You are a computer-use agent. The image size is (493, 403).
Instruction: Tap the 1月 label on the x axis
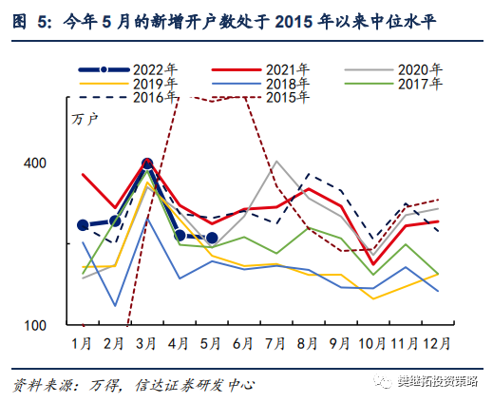[x=82, y=340]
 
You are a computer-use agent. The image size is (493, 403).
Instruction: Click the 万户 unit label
[x=85, y=119]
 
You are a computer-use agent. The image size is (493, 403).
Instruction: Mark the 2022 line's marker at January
[x=83, y=225]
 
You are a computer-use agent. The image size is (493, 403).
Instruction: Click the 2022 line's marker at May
[x=212, y=238]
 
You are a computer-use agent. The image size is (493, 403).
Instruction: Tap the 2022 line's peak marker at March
[x=147, y=164]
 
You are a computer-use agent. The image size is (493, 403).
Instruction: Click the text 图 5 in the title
[x=28, y=16]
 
